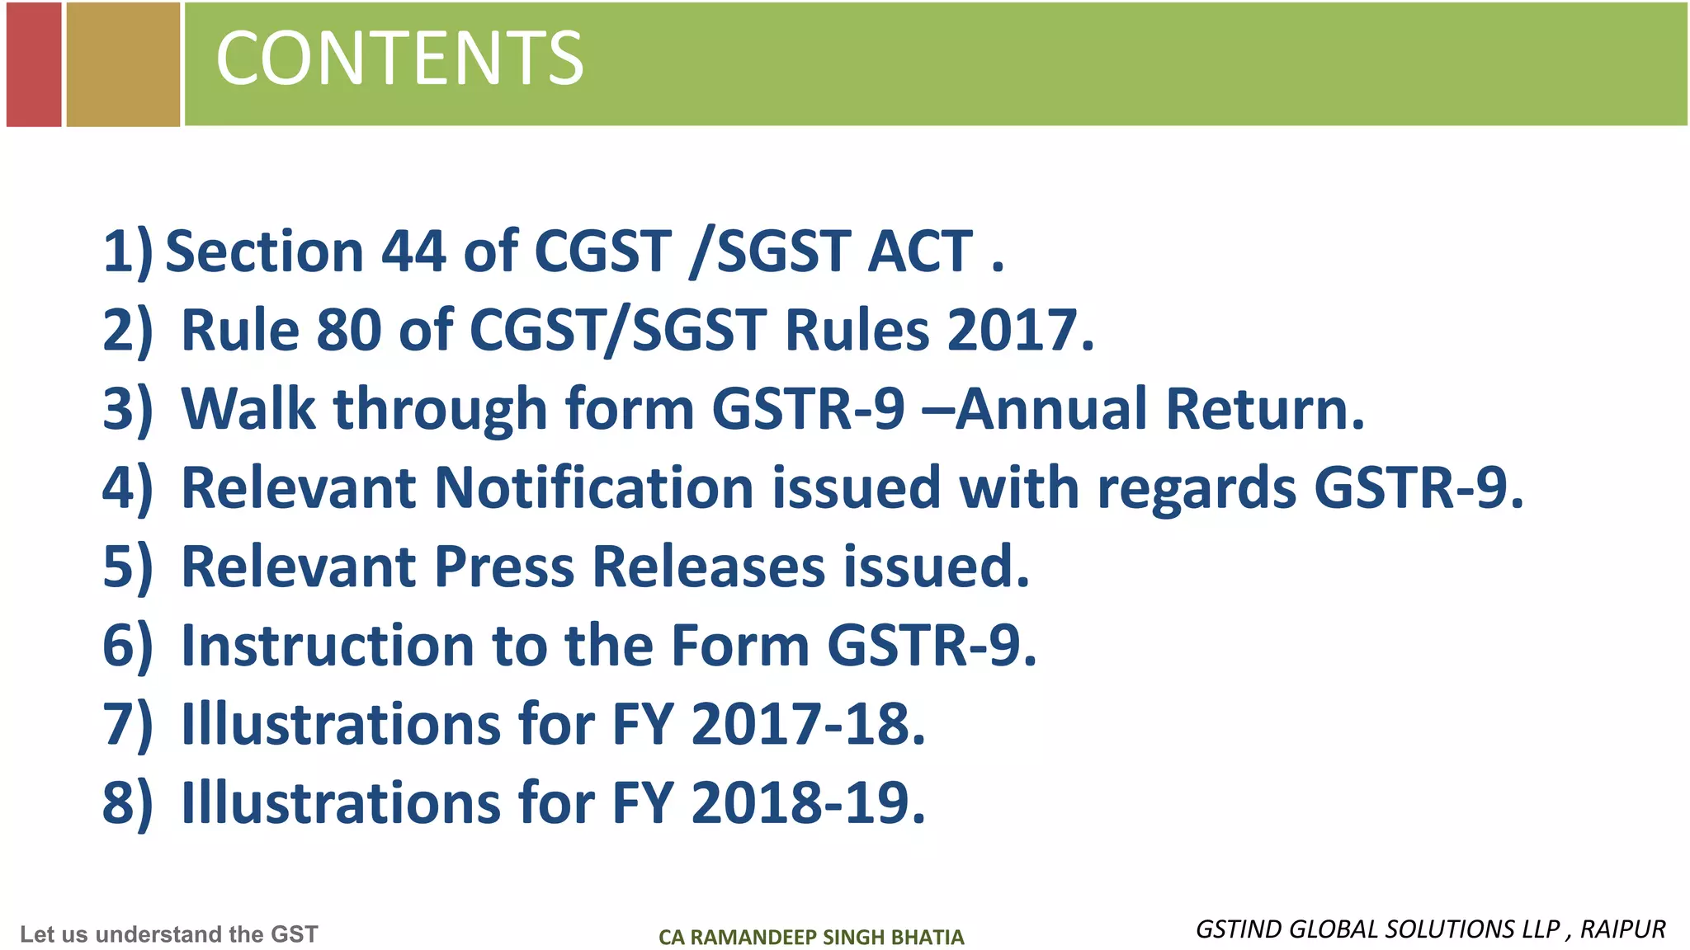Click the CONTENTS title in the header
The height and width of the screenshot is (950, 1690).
(x=399, y=58)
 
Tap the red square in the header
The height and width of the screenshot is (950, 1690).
(x=34, y=64)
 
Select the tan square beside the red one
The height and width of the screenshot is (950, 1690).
(x=123, y=64)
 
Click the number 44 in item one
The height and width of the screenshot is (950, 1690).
(x=413, y=251)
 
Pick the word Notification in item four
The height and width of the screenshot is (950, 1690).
(x=593, y=487)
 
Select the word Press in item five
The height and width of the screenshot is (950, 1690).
(x=503, y=567)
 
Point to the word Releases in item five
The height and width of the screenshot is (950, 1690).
(x=709, y=567)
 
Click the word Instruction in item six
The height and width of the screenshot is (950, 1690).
(x=328, y=645)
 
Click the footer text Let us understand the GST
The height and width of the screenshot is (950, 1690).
(x=169, y=934)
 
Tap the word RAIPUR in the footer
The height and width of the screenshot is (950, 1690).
(x=1622, y=929)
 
